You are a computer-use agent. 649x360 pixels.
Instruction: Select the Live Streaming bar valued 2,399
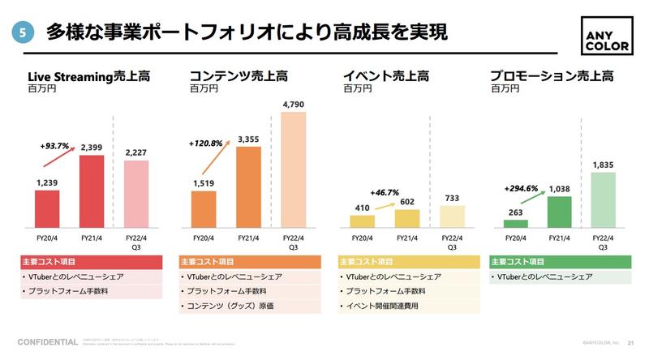(92, 191)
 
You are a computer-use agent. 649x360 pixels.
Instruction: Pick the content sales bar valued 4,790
(294, 169)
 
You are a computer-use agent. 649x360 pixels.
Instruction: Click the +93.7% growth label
(54, 146)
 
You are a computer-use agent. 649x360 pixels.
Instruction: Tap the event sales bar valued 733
(452, 216)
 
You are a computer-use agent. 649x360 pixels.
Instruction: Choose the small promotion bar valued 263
(515, 223)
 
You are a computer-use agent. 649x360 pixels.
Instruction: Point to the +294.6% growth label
(518, 188)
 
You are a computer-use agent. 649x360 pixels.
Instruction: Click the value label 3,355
(249, 139)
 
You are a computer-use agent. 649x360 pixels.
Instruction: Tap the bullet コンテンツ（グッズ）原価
(230, 306)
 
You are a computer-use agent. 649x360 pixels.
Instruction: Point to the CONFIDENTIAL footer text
(48, 341)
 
